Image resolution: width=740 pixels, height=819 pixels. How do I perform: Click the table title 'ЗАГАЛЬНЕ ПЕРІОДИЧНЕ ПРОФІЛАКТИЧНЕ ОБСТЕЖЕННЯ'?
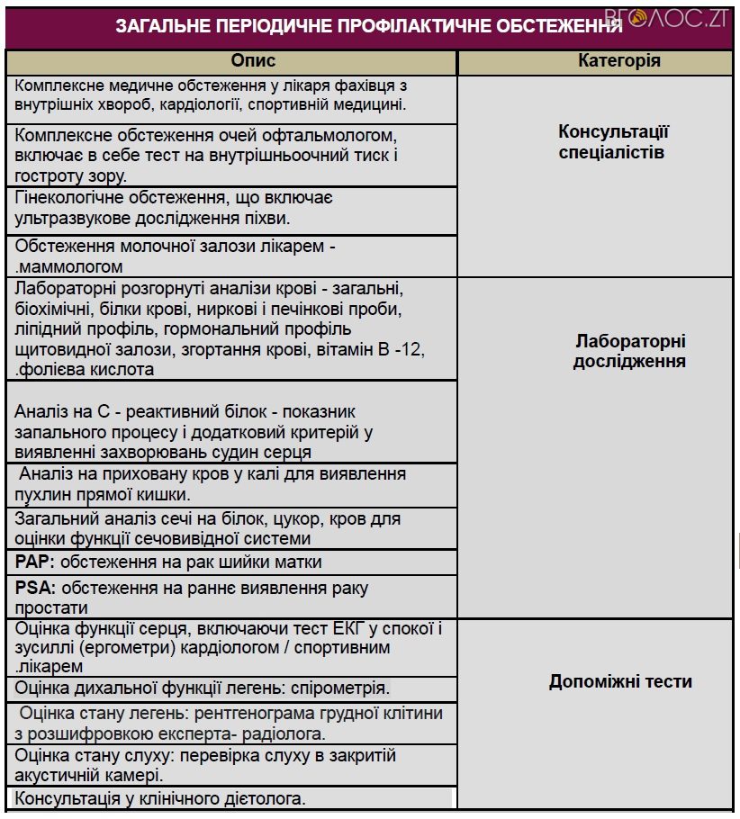tap(369, 26)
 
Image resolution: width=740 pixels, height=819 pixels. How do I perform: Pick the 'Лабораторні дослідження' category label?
tap(629, 351)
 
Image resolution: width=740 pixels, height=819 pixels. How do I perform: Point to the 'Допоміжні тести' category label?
tap(620, 681)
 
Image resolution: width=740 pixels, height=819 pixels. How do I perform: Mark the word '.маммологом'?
tap(69, 266)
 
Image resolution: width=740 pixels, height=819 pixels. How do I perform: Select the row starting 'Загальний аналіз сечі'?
tap(208, 528)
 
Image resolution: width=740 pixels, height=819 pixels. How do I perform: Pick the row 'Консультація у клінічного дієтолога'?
tap(161, 798)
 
